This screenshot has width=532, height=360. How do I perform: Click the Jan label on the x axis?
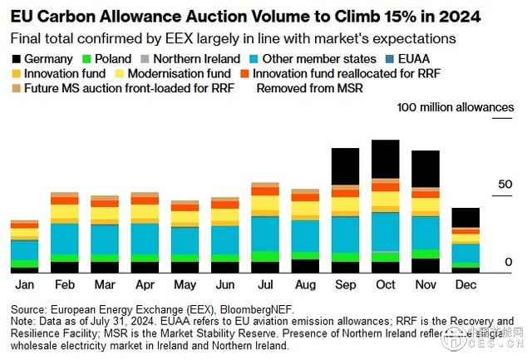click(x=24, y=284)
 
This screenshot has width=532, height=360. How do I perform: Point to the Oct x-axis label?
click(x=385, y=284)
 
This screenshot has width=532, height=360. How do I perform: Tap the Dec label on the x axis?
click(x=465, y=284)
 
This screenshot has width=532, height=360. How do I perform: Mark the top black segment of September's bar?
click(x=345, y=166)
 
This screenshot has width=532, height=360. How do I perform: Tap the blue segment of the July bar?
click(x=265, y=233)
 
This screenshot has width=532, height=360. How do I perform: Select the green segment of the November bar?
click(x=426, y=254)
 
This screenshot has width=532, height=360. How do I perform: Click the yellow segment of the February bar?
click(x=64, y=212)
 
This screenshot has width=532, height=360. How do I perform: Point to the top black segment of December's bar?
click(x=465, y=217)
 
